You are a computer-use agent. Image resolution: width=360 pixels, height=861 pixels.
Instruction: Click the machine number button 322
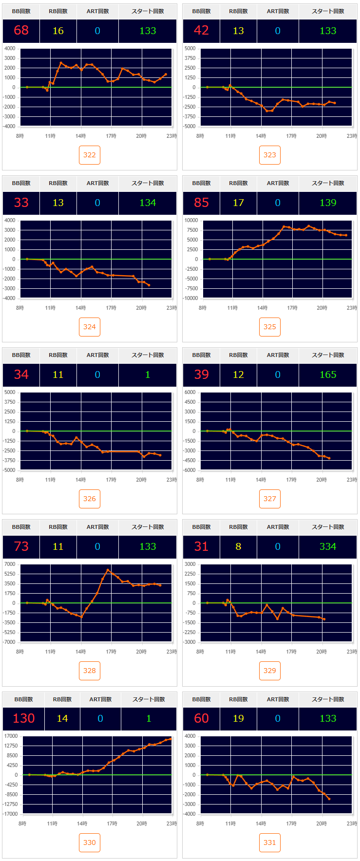click(90, 155)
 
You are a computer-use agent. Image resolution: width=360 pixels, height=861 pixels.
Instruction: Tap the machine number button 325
click(270, 327)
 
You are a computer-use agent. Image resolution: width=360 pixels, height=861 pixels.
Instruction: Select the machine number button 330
click(90, 842)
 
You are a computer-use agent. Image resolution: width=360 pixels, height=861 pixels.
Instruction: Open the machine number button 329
click(270, 671)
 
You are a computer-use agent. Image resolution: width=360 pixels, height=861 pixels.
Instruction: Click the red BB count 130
click(24, 718)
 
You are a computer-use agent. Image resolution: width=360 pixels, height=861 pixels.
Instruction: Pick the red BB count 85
click(201, 203)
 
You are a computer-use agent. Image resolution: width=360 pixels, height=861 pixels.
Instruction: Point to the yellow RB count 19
click(238, 718)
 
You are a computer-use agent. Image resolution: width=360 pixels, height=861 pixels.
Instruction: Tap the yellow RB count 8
click(238, 546)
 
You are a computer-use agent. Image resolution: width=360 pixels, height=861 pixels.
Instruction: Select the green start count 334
click(328, 546)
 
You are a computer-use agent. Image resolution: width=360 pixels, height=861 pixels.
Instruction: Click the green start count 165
click(328, 374)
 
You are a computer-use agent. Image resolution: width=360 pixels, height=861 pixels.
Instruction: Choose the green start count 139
click(328, 203)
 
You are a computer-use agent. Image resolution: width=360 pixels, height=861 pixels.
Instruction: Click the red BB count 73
click(21, 546)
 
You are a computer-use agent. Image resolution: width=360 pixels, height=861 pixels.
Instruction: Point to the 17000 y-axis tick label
click(10, 736)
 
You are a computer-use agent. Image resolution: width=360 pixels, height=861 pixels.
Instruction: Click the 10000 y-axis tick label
click(191, 220)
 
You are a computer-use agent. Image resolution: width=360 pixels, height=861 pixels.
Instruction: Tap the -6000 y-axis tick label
click(189, 470)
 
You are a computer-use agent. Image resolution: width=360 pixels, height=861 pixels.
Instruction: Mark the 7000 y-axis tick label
click(10, 564)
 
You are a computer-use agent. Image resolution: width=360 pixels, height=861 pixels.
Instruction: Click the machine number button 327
click(270, 499)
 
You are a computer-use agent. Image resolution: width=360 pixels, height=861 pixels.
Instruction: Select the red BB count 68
click(21, 31)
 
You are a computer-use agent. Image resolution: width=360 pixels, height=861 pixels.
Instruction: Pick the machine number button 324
click(90, 327)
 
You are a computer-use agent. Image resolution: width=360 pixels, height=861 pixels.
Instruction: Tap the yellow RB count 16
click(58, 31)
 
